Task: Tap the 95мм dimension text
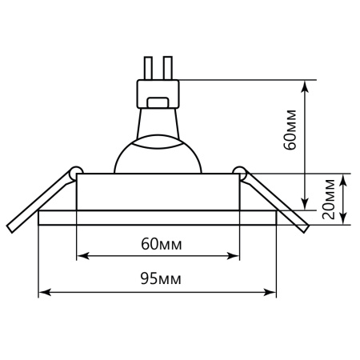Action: [158, 279]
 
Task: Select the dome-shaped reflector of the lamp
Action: [157, 157]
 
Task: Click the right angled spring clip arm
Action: [275, 200]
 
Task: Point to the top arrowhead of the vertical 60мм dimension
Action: [305, 83]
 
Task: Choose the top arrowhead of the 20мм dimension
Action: [345, 178]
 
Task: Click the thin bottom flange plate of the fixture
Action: [158, 218]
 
